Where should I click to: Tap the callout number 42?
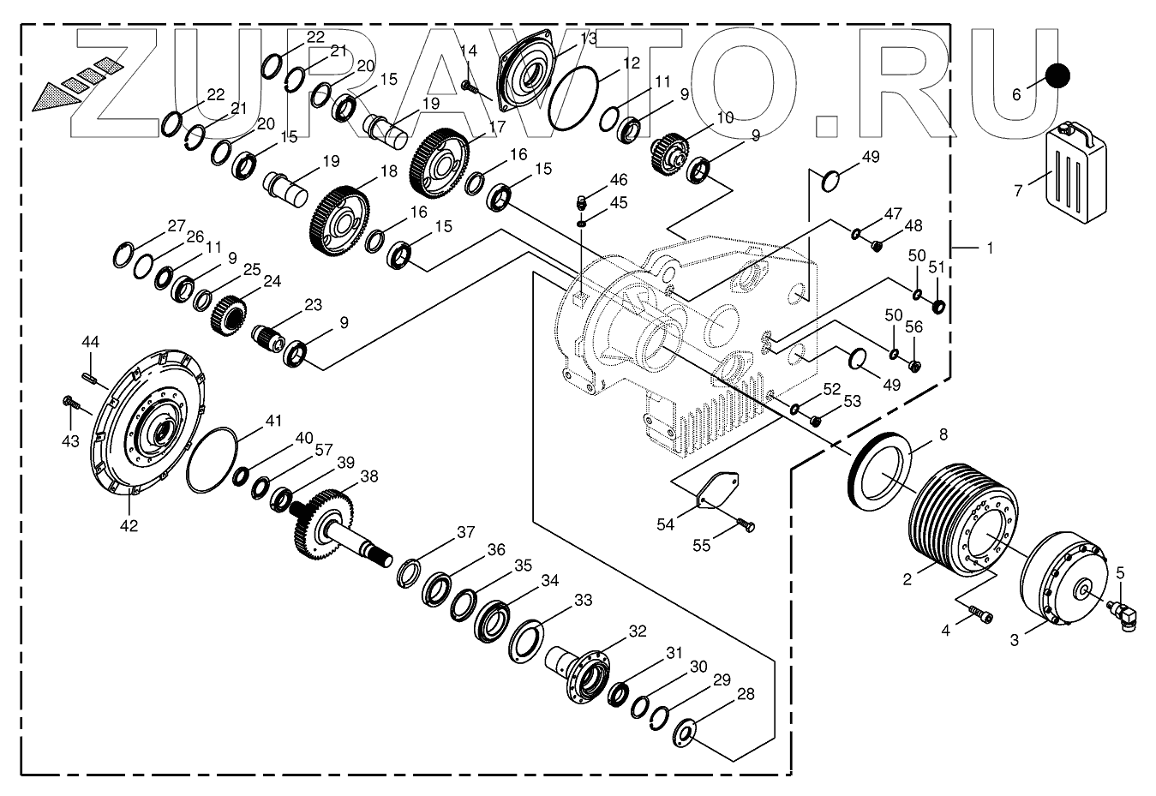pos(128,525)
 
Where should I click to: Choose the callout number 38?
pos(369,476)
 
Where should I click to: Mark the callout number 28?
pos(746,694)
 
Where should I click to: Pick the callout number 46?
pos(618,180)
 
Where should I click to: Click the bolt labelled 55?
pos(746,524)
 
